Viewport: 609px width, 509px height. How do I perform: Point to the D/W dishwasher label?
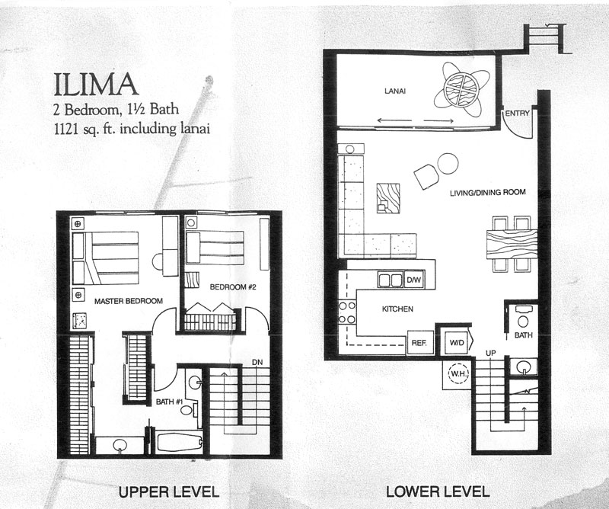point(414,280)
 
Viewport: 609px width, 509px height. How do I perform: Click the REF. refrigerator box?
point(419,342)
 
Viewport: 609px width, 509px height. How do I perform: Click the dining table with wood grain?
point(511,245)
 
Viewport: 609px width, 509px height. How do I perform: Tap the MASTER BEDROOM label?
point(125,302)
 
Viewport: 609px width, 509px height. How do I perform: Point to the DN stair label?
point(258,362)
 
